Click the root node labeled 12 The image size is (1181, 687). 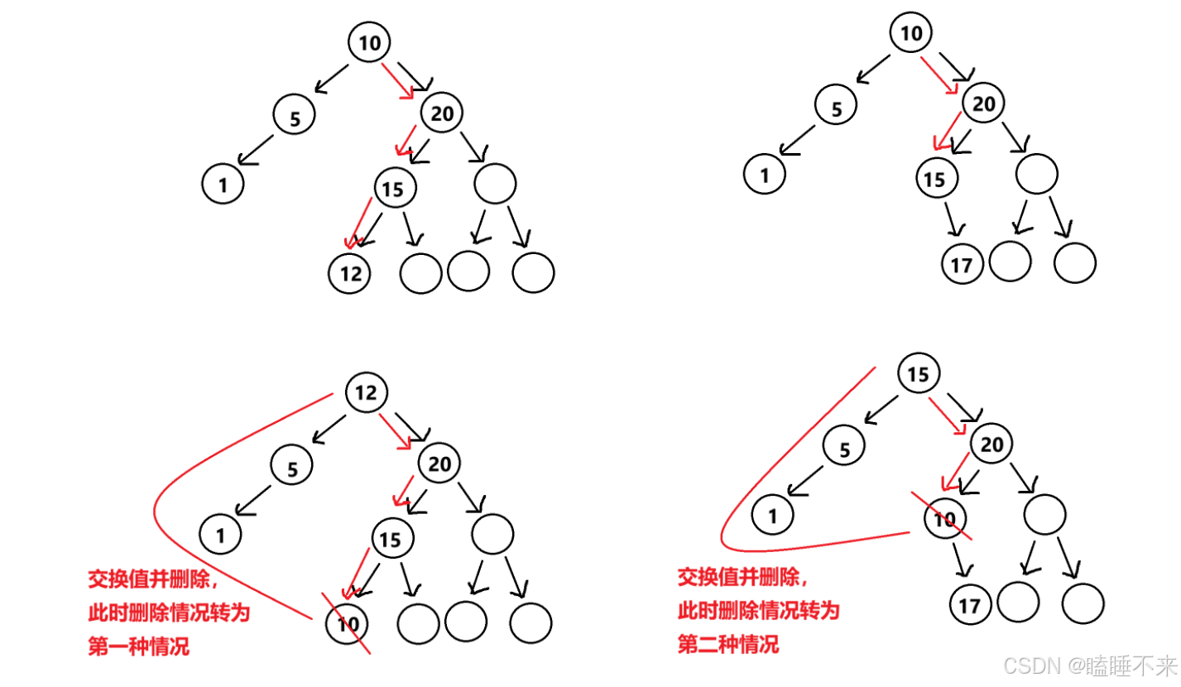tap(366, 394)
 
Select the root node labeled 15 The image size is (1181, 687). tap(918, 375)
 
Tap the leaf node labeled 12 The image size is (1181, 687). tap(350, 272)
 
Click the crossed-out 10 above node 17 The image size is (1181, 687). tap(944, 520)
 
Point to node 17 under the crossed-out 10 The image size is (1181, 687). tap(968, 606)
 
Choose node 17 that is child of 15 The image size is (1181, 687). tap(962, 265)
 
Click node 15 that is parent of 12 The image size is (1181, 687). tap(394, 190)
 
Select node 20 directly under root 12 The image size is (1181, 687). tap(439, 464)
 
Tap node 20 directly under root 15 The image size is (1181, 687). tap(991, 446)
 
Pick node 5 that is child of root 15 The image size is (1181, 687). tap(844, 450)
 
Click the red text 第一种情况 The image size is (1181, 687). tap(138, 646)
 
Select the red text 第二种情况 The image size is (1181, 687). tap(728, 644)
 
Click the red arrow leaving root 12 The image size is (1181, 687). tap(395, 430)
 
